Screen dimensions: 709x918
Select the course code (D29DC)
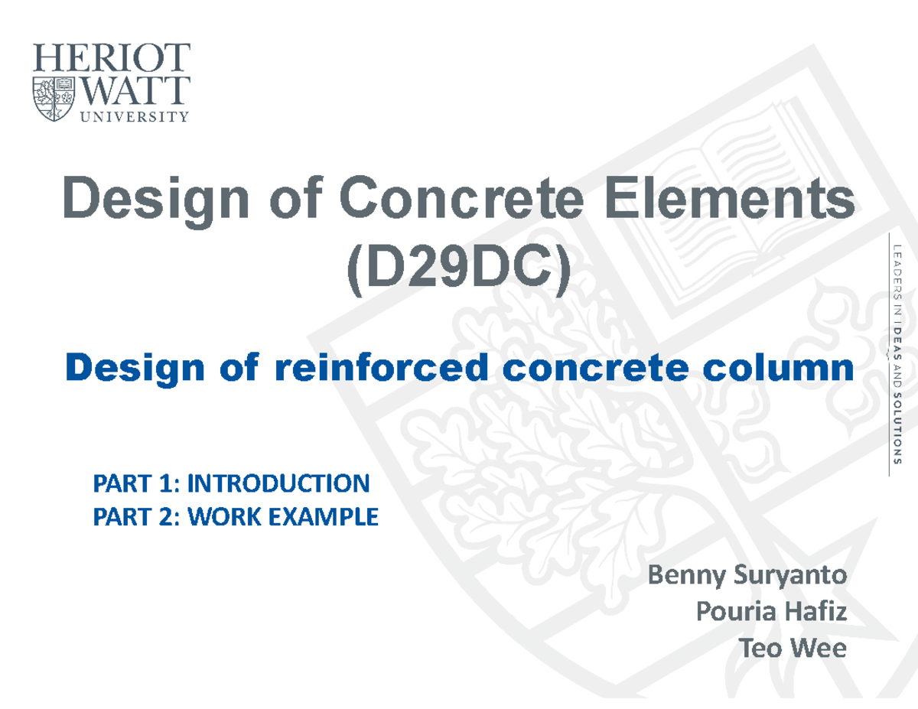(x=458, y=273)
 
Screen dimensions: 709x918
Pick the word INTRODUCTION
(x=278, y=483)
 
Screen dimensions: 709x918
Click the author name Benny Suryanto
(x=747, y=575)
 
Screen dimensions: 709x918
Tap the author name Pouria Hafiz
(x=770, y=612)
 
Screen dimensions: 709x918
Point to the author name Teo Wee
(x=792, y=649)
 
